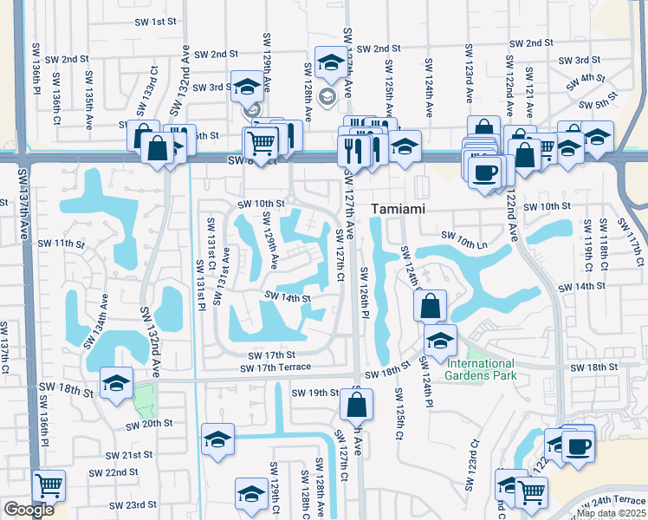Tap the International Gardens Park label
(480, 369)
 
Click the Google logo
(28, 510)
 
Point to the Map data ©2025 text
(612, 513)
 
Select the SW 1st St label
(155, 21)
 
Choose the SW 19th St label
(314, 393)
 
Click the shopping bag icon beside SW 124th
(431, 305)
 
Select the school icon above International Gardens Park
(440, 340)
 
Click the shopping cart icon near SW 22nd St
(49, 485)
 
